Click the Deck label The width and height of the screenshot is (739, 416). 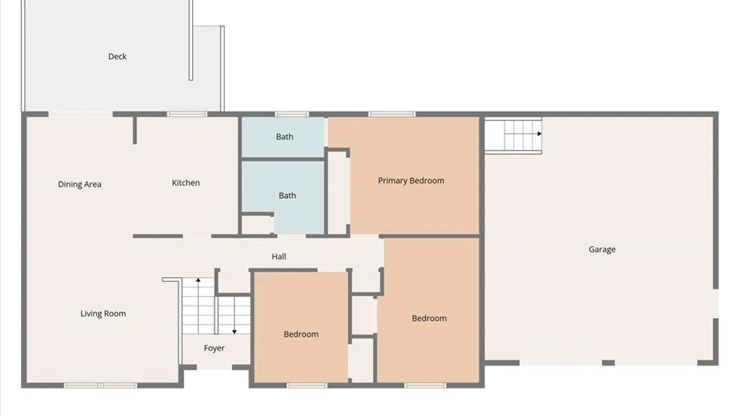click(x=117, y=57)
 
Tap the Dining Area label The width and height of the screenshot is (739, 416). click(x=80, y=185)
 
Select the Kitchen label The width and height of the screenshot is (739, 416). click(x=186, y=183)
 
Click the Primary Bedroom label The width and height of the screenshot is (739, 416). click(x=411, y=181)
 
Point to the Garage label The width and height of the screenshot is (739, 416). click(x=602, y=250)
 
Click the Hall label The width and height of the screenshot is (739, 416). click(x=279, y=257)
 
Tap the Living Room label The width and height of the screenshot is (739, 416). click(x=103, y=314)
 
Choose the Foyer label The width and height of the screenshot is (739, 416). click(x=214, y=348)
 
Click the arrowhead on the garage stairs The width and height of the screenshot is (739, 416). click(x=540, y=134)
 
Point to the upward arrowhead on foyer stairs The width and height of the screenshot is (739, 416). click(x=198, y=280)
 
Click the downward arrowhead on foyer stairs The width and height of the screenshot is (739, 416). click(x=234, y=332)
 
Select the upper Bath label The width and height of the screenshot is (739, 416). click(x=285, y=137)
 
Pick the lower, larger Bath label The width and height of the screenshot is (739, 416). click(x=288, y=196)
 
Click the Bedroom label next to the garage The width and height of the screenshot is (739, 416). click(x=429, y=319)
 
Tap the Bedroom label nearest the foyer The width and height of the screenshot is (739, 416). click(x=301, y=334)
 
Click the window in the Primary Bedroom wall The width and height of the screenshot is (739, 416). click(x=392, y=114)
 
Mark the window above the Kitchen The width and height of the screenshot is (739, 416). click(x=187, y=114)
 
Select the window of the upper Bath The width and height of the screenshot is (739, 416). click(x=292, y=114)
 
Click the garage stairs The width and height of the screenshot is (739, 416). click(x=513, y=135)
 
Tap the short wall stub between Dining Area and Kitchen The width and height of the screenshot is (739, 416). click(x=135, y=130)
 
